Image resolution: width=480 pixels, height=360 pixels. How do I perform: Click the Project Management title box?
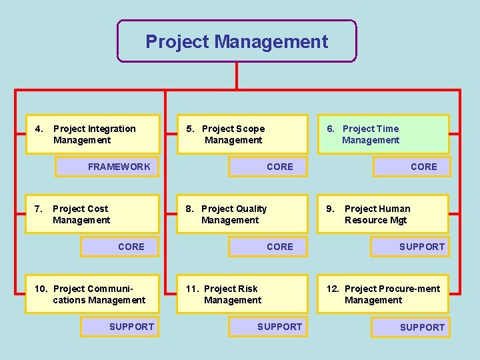(x=237, y=41)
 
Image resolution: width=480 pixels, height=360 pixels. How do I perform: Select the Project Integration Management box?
(x=93, y=134)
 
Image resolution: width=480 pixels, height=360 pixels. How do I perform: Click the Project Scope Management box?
(x=242, y=134)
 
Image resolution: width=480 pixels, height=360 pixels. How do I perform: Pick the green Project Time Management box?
(x=383, y=134)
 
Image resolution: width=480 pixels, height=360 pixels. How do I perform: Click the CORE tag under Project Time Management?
(x=412, y=167)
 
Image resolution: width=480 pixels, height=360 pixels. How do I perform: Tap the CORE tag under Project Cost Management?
(x=120, y=247)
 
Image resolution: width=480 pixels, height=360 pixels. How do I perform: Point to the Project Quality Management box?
(x=242, y=214)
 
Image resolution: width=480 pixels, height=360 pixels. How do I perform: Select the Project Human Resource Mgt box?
(x=383, y=214)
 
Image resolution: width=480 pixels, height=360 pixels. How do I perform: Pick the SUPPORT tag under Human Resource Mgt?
(x=411, y=247)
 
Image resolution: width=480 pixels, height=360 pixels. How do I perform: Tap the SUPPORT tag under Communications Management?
(x=120, y=327)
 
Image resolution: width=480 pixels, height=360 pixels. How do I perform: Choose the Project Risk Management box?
(x=242, y=294)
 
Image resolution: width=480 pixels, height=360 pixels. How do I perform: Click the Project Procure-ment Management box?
(x=383, y=294)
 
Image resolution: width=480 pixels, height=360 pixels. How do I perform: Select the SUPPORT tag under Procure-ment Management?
(x=411, y=327)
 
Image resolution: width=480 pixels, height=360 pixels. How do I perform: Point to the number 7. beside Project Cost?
(x=38, y=209)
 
